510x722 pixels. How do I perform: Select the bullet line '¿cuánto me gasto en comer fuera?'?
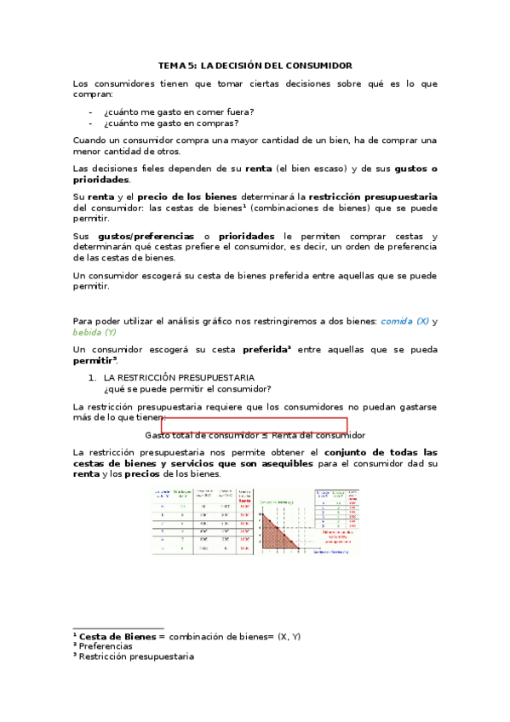[178, 112]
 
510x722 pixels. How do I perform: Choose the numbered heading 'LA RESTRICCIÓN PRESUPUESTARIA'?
[178, 377]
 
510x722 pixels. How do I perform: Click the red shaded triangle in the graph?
[274, 533]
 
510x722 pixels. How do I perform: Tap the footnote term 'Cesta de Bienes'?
[117, 636]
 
